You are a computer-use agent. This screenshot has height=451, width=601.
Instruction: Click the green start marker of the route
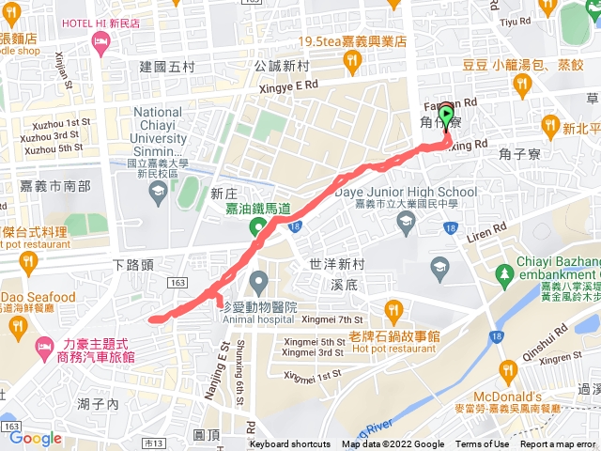click(446, 117)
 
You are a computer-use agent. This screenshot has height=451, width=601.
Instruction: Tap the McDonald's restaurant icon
click(508, 369)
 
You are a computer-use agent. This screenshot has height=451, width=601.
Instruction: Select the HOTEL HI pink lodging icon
click(100, 41)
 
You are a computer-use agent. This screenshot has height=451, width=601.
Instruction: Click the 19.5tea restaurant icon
click(351, 61)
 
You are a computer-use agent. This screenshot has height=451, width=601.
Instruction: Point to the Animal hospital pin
click(260, 280)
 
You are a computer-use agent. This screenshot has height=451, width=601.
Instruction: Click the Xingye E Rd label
click(294, 85)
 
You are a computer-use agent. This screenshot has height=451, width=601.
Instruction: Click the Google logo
click(36, 438)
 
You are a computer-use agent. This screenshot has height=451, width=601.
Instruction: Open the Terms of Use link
click(483, 444)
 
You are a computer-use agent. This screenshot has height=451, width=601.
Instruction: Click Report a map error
click(560, 444)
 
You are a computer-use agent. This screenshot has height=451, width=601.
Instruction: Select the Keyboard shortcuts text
click(290, 444)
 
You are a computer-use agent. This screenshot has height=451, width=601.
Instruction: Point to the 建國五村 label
click(166, 67)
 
